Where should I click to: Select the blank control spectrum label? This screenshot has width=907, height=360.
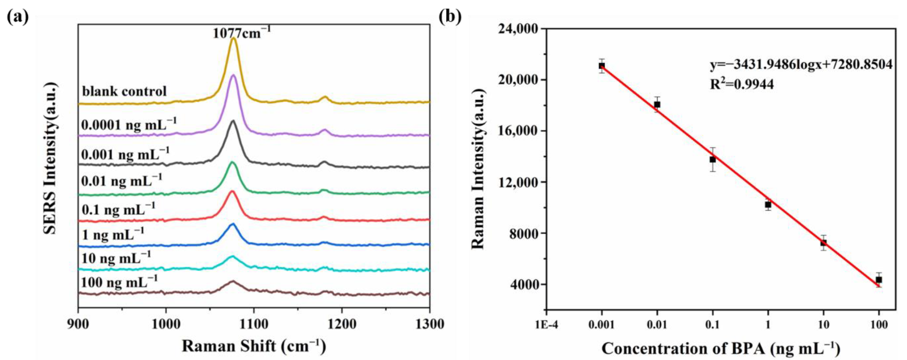pos(124,91)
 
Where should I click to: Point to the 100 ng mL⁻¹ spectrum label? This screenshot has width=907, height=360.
pos(119,282)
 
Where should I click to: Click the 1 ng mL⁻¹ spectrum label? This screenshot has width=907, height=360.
pos(113,234)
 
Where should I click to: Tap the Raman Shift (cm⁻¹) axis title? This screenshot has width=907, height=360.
pos(254,346)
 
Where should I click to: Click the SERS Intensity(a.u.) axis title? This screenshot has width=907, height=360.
pos(50,158)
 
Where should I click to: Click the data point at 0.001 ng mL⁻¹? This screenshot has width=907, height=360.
pos(602,66)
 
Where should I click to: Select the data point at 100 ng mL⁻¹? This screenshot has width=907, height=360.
pos(879,280)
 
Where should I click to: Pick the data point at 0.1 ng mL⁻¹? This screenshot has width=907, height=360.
pos(713,160)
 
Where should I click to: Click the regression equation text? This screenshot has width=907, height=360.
pos(801,65)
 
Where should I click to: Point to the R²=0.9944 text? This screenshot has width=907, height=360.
pos(741,84)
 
